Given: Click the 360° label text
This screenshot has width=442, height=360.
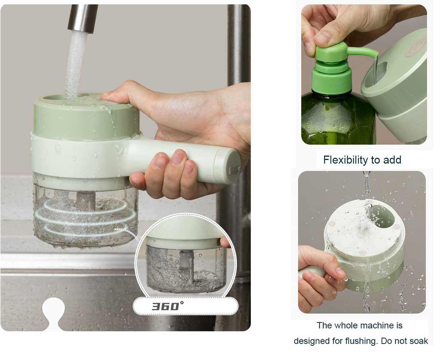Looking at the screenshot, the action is click(168, 306).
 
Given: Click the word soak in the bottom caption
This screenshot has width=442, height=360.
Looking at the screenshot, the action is click(419, 341).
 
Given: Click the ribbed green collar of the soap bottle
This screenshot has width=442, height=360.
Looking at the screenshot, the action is click(331, 82).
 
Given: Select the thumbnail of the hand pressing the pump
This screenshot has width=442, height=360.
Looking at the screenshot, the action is click(364, 74).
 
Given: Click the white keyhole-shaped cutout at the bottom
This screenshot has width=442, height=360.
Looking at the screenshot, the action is click(54, 313).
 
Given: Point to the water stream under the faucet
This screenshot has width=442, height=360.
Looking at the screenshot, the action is click(75, 65).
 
